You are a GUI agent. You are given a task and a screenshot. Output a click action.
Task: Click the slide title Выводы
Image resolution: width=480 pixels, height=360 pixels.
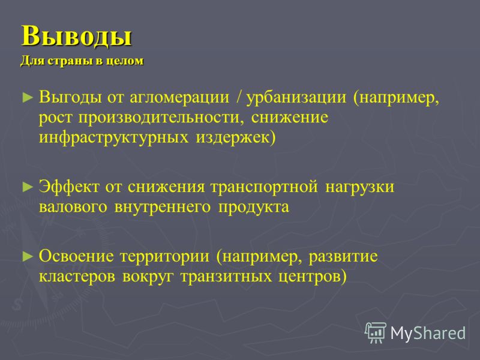point(77,36)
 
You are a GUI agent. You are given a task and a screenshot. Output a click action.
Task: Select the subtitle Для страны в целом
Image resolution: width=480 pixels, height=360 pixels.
point(82,61)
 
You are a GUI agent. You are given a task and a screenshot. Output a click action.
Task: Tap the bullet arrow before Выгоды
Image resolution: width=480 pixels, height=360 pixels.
point(28,98)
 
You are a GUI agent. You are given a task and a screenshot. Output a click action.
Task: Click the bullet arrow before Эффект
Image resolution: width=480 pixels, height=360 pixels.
point(28,187)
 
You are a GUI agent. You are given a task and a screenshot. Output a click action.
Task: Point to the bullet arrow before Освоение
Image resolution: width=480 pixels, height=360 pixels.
point(28,256)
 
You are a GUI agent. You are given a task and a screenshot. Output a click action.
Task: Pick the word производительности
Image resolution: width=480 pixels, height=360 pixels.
point(161,118)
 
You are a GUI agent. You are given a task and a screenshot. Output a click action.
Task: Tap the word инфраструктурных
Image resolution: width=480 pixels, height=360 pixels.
point(113,138)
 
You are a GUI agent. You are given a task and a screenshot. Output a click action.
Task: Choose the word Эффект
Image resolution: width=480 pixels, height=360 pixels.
point(69,187)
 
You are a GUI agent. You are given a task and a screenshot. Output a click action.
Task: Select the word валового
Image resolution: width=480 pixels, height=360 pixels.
point(73,207)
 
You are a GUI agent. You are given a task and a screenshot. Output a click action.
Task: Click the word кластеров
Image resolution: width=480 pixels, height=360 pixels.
point(77,277)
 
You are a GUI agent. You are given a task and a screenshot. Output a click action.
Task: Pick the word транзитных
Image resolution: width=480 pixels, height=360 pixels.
point(226,277)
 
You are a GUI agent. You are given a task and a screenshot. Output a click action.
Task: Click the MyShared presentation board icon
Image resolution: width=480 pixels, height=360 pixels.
point(376,332)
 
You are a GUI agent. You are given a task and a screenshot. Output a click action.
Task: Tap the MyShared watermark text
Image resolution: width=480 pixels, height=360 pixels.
point(428,334)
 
